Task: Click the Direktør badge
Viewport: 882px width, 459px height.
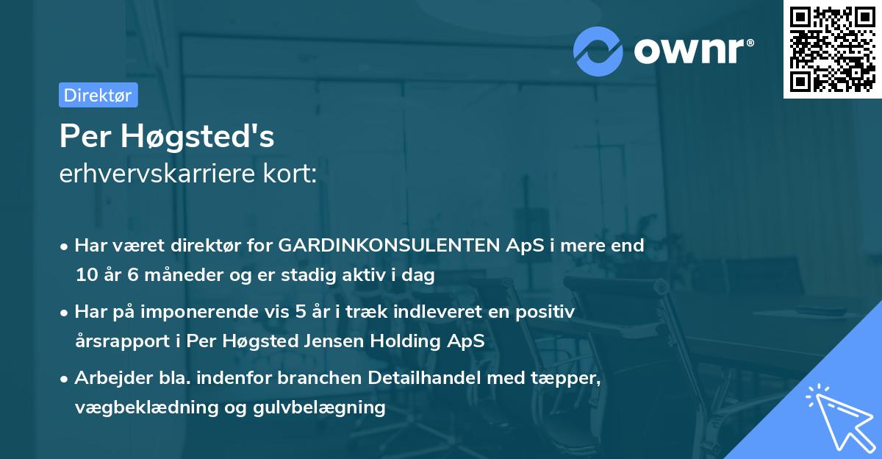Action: [x=98, y=95]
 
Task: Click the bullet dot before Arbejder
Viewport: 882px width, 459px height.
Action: [x=65, y=379]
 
